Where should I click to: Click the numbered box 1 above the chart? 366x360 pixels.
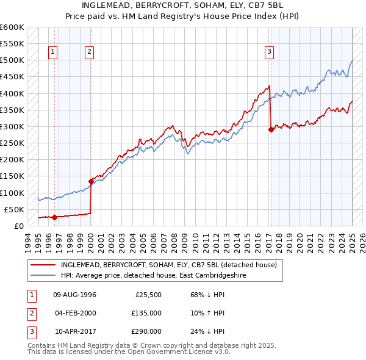pos(54,52)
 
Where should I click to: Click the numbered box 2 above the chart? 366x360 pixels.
pos(89,52)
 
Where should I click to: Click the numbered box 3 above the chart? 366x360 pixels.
pos(269,52)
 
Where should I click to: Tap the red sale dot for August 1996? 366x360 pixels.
pos(54,217)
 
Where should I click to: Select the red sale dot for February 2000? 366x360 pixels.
pos(91,181)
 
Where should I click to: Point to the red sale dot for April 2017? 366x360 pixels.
pos(270,129)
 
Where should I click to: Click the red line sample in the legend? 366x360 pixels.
pos(43,265)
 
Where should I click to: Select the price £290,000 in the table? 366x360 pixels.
pos(146,331)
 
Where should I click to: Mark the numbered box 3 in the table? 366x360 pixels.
pos(30,331)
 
